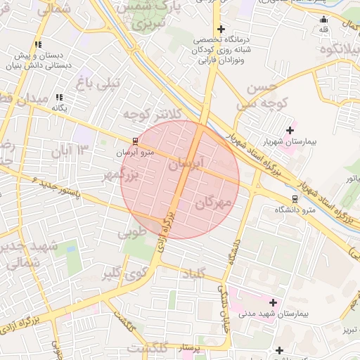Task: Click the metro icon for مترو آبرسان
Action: click(135, 141)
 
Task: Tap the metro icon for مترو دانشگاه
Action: click(295, 198)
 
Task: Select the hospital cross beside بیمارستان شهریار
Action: click(290, 130)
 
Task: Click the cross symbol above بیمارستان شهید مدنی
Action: click(273, 302)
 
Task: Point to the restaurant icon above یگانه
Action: click(60, 97)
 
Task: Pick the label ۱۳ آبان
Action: click(70, 150)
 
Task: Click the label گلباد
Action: click(193, 274)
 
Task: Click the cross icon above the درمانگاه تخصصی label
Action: click(221, 29)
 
